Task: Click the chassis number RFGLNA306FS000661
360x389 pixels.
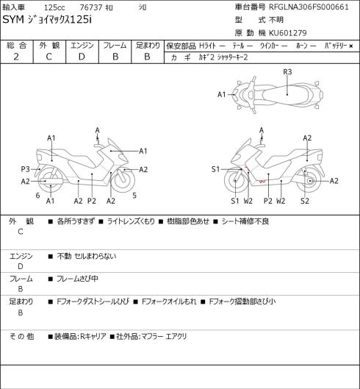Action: [x=309, y=7]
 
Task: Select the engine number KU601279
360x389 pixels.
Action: [x=288, y=33]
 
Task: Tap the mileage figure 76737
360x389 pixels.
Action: [x=91, y=7]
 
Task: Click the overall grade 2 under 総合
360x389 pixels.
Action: [x=16, y=57]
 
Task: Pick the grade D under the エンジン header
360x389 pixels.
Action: [x=82, y=57]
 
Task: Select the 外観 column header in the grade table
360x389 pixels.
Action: [x=49, y=46]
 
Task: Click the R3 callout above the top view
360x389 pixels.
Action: [x=287, y=72]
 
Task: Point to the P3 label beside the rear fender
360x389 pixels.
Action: [x=25, y=169]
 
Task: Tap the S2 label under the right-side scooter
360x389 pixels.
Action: [x=305, y=201]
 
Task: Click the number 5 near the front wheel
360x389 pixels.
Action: [x=134, y=196]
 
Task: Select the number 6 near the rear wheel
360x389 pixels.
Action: [x=37, y=196]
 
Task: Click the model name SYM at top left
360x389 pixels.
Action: [x=13, y=19]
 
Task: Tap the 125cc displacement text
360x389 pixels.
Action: [x=54, y=7]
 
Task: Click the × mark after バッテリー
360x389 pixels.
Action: [x=351, y=46]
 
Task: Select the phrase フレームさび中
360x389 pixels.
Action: [x=77, y=279]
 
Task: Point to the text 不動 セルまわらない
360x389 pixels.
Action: [x=87, y=256]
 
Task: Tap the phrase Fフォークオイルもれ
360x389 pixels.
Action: [x=169, y=301]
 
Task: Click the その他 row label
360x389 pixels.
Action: [x=21, y=336]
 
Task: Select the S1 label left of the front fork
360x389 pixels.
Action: [x=216, y=169]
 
